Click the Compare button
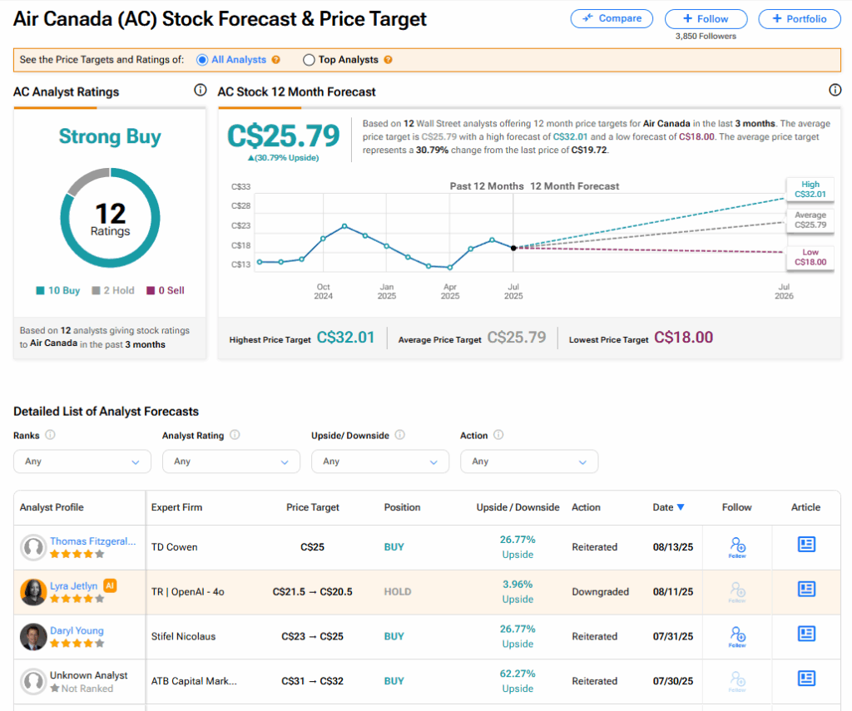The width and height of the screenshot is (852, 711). [x=612, y=18]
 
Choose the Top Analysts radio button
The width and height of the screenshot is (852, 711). [x=310, y=60]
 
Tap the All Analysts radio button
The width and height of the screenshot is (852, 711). [x=202, y=60]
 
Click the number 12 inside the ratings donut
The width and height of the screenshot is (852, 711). [x=110, y=213]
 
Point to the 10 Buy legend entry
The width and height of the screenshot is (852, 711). [x=58, y=290]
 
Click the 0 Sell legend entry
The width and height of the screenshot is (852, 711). [x=166, y=290]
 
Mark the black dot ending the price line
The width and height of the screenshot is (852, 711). [x=513, y=248]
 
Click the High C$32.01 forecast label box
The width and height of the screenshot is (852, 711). [x=810, y=190]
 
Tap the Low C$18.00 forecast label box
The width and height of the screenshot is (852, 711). [x=810, y=257]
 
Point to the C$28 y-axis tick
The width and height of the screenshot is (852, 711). [x=240, y=205]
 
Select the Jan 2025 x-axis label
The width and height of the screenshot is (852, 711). [x=387, y=291]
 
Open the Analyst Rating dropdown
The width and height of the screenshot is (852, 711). [x=231, y=462]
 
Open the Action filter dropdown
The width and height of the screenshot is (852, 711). [x=529, y=462]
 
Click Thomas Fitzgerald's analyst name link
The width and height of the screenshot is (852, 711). [x=92, y=541]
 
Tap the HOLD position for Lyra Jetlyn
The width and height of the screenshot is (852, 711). [x=398, y=592]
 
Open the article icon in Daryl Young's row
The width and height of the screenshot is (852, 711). [x=805, y=634]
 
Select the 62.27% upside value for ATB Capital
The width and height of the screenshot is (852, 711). [x=518, y=674]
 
